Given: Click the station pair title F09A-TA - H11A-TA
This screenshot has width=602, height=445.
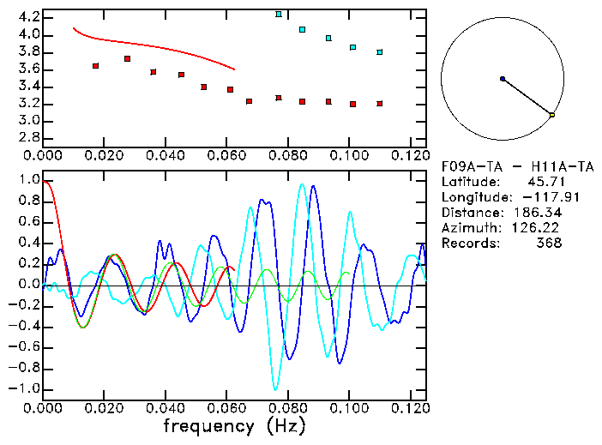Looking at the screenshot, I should click(x=517, y=166).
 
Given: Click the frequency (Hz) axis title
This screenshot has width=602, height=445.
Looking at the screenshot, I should click(x=232, y=425).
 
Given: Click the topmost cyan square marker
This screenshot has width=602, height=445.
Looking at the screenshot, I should click(x=279, y=15).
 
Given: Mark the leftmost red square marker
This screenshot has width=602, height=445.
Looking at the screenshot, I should click(x=95, y=66).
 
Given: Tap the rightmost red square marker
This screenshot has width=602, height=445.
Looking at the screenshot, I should click(x=379, y=104).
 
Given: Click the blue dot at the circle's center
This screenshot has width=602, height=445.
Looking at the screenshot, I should click(x=503, y=79).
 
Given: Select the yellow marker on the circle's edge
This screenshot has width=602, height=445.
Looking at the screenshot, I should click(x=552, y=115).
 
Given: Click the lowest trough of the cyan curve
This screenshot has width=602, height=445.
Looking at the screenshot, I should click(x=275, y=389).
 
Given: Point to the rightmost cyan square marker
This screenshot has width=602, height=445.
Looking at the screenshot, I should click(x=379, y=52).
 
